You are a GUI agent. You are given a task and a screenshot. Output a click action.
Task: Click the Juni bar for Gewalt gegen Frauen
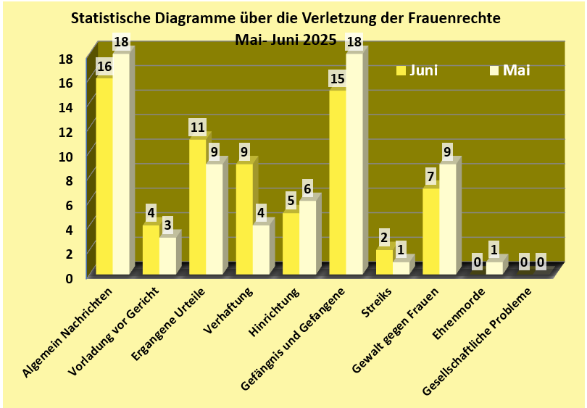(x=430, y=231)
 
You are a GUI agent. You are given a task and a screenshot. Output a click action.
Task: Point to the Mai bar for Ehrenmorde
(x=494, y=267)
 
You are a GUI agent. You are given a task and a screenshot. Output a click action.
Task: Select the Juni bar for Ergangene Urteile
(x=197, y=207)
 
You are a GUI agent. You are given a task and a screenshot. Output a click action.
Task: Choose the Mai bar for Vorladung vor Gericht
(x=167, y=255)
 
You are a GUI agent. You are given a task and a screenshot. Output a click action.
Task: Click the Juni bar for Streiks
(x=384, y=262)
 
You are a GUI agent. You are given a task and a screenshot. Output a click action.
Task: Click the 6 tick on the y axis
(x=69, y=204)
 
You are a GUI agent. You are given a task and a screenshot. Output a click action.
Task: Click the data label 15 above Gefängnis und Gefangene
(x=337, y=78)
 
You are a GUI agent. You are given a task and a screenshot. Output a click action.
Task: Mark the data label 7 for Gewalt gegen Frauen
(x=430, y=177)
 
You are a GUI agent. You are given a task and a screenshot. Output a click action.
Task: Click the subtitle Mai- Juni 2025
(x=286, y=40)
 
